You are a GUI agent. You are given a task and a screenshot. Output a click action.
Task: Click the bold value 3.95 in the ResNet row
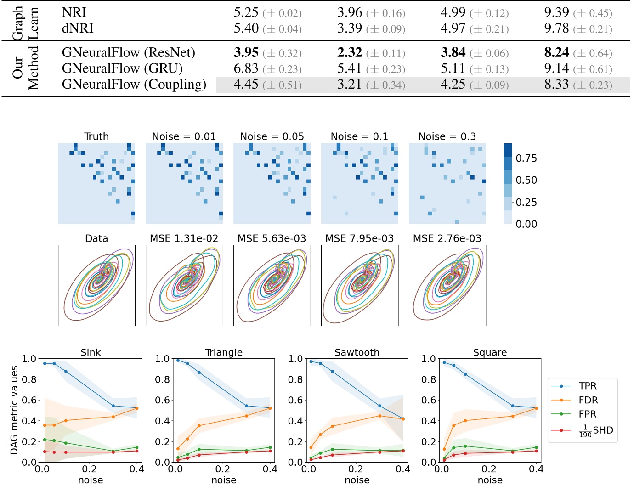pyautogui.click(x=246, y=53)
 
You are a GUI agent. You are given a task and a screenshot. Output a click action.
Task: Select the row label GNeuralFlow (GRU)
pyautogui.click(x=122, y=69)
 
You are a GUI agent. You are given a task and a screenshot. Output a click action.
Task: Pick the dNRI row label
pyautogui.click(x=78, y=28)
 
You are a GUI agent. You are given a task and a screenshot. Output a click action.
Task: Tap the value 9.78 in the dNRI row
pyautogui.click(x=556, y=28)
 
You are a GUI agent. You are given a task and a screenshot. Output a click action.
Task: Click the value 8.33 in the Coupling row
pyautogui.click(x=556, y=85)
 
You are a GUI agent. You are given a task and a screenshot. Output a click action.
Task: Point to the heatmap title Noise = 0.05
pyautogui.click(x=272, y=136)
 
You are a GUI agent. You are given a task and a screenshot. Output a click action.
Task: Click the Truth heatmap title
pyautogui.click(x=96, y=136)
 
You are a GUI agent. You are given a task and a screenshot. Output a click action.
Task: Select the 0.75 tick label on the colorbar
pyautogui.click(x=526, y=158)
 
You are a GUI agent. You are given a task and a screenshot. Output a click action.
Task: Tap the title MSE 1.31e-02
pyautogui.click(x=184, y=238)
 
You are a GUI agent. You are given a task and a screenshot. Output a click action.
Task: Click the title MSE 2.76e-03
pyautogui.click(x=447, y=238)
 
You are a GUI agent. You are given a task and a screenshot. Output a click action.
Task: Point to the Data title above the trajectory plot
pyautogui.click(x=96, y=238)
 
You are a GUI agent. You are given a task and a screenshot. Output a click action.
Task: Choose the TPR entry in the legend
pyautogui.click(x=588, y=386)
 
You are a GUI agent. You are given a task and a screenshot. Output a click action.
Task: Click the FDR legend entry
pyautogui.click(x=588, y=400)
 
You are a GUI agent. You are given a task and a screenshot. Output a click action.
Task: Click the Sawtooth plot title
pyautogui.click(x=357, y=352)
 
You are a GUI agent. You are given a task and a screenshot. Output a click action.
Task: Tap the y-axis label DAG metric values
pyautogui.click(x=14, y=410)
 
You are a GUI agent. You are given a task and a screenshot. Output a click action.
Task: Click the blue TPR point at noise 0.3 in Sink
pyautogui.click(x=113, y=406)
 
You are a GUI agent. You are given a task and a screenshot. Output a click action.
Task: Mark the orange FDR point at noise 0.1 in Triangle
pyautogui.click(x=199, y=425)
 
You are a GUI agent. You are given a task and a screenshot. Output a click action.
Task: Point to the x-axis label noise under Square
pyautogui.click(x=490, y=480)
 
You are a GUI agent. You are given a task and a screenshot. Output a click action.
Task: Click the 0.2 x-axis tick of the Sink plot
pyautogui.click(x=90, y=469)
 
